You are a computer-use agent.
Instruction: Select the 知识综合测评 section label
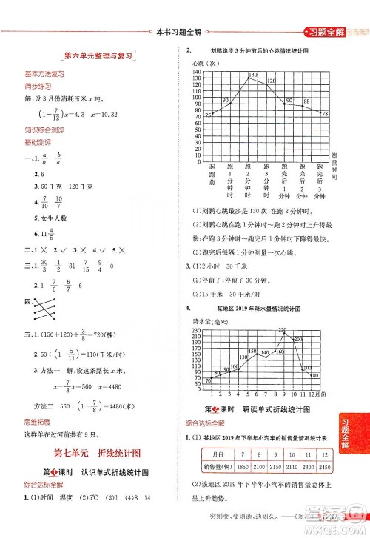click(x=42, y=129)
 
